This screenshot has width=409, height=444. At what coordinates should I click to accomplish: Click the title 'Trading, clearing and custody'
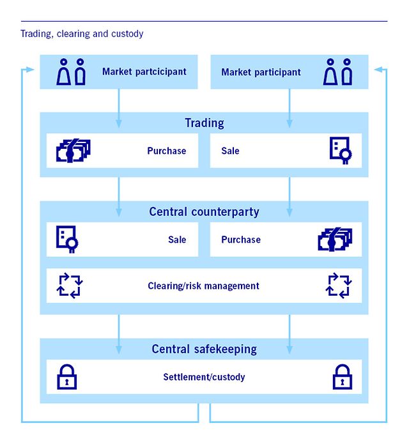pyautogui.click(x=82, y=34)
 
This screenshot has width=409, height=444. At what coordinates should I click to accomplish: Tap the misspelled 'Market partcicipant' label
pyautogui.click(x=144, y=72)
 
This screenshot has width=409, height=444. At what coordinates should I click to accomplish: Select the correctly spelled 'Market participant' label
pyautogui.click(x=261, y=72)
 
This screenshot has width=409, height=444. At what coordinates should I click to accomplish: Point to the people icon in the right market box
pyautogui.click(x=338, y=72)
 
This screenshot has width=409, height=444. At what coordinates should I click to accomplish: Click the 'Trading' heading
pyautogui.click(x=204, y=123)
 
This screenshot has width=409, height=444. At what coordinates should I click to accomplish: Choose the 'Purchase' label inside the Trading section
pyautogui.click(x=166, y=151)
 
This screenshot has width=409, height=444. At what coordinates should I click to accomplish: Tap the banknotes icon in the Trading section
pyautogui.click(x=73, y=151)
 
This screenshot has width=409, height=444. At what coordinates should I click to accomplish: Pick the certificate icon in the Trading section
pyautogui.click(x=340, y=151)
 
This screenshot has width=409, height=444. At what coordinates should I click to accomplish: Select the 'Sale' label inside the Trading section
pyautogui.click(x=230, y=151)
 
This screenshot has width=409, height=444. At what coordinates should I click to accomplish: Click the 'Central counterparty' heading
pyautogui.click(x=204, y=211)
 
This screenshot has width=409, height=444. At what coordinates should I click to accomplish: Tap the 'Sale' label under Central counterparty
pyautogui.click(x=177, y=240)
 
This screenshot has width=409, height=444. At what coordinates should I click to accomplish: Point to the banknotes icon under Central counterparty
pyautogui.click(x=335, y=240)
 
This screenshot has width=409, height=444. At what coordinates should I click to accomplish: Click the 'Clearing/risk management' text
pyautogui.click(x=203, y=286)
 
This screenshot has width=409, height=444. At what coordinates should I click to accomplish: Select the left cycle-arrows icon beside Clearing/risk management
pyautogui.click(x=70, y=286)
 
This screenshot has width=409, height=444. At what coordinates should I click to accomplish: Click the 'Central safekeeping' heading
pyautogui.click(x=204, y=349)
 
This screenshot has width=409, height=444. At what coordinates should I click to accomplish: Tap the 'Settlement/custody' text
pyautogui.click(x=204, y=377)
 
